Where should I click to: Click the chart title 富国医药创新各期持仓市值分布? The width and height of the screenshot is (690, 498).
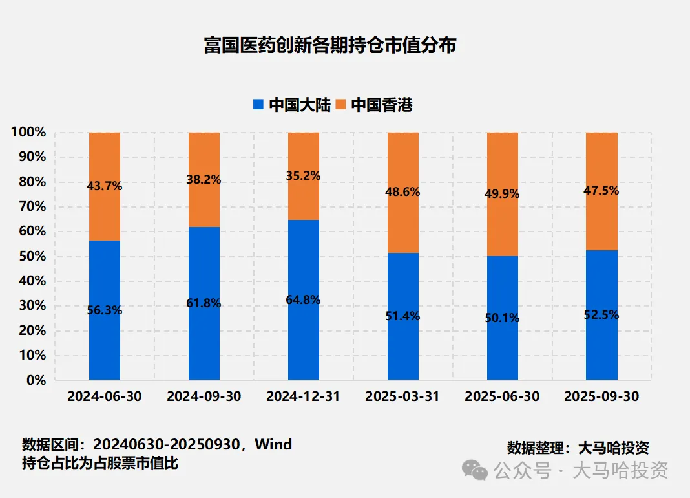pyautogui.click(x=330, y=45)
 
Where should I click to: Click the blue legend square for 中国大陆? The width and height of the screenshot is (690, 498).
pyautogui.click(x=258, y=104)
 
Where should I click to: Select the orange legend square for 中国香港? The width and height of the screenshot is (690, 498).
pyautogui.click(x=340, y=104)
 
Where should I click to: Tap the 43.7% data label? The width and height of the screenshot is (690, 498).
pyautogui.click(x=104, y=186)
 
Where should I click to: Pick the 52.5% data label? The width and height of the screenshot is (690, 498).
pyautogui.click(x=601, y=315)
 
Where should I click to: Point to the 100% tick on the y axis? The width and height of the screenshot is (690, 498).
pyautogui.click(x=28, y=132)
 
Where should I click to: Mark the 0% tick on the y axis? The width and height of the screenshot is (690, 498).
pyautogui.click(x=35, y=380)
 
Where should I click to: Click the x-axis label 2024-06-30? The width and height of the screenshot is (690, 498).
pyautogui.click(x=104, y=396)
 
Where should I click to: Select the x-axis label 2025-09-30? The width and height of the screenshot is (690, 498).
pyautogui.click(x=601, y=396)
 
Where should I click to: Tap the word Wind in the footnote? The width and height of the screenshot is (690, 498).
pyautogui.click(x=273, y=444)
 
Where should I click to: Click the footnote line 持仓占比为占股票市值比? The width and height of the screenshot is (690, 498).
pyautogui.click(x=100, y=463)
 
